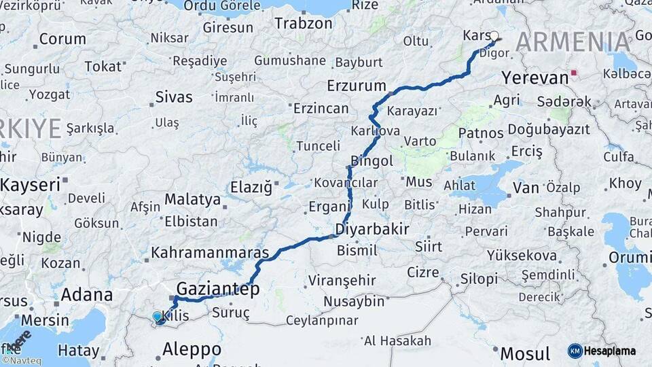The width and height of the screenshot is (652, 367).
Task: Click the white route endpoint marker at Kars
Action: point(494,36)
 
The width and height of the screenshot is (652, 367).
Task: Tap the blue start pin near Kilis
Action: point(158,317)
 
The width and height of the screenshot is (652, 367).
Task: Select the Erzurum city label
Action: point(356,86)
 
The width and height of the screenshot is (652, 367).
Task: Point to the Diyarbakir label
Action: point(372,229)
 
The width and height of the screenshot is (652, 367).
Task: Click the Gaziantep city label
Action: point(218,290)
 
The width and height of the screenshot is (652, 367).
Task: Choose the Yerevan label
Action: point(535,77)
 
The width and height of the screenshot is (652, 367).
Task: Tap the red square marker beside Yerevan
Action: point(575,73)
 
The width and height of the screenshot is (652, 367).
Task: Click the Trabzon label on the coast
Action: point(304,22)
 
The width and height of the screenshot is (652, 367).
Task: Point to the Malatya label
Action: point(192,200)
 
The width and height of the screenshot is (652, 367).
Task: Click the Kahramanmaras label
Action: point(210,252)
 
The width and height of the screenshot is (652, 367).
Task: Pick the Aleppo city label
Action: point(192,349)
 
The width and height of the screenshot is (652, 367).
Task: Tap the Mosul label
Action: point(525,353)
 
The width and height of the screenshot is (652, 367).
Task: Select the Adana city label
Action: point(87,295)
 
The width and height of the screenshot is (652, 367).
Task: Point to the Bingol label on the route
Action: point(372,161)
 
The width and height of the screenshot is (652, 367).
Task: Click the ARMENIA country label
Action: point(573,43)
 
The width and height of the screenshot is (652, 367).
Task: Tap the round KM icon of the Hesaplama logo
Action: point(575,351)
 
